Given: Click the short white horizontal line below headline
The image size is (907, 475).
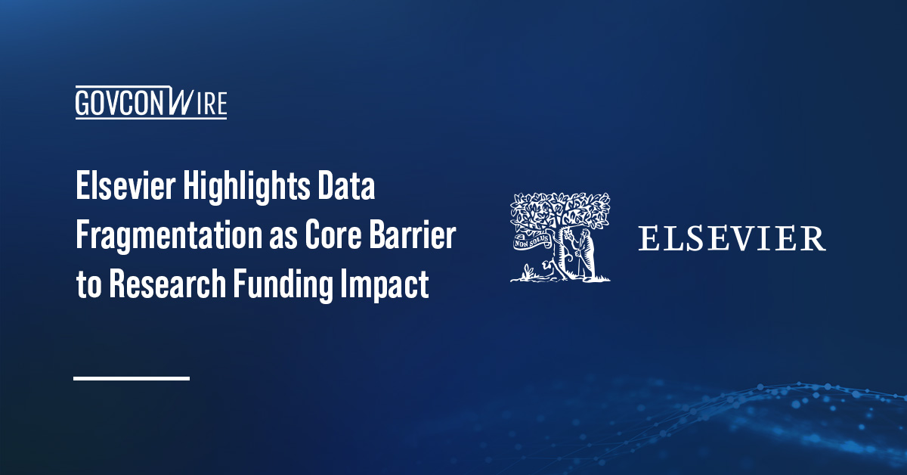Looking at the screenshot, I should (x=131, y=377).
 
